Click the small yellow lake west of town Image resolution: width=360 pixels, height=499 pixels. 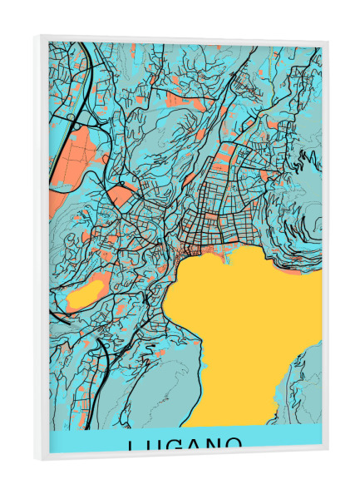(84, 294)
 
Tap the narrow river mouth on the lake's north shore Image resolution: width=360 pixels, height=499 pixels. (223, 257)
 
